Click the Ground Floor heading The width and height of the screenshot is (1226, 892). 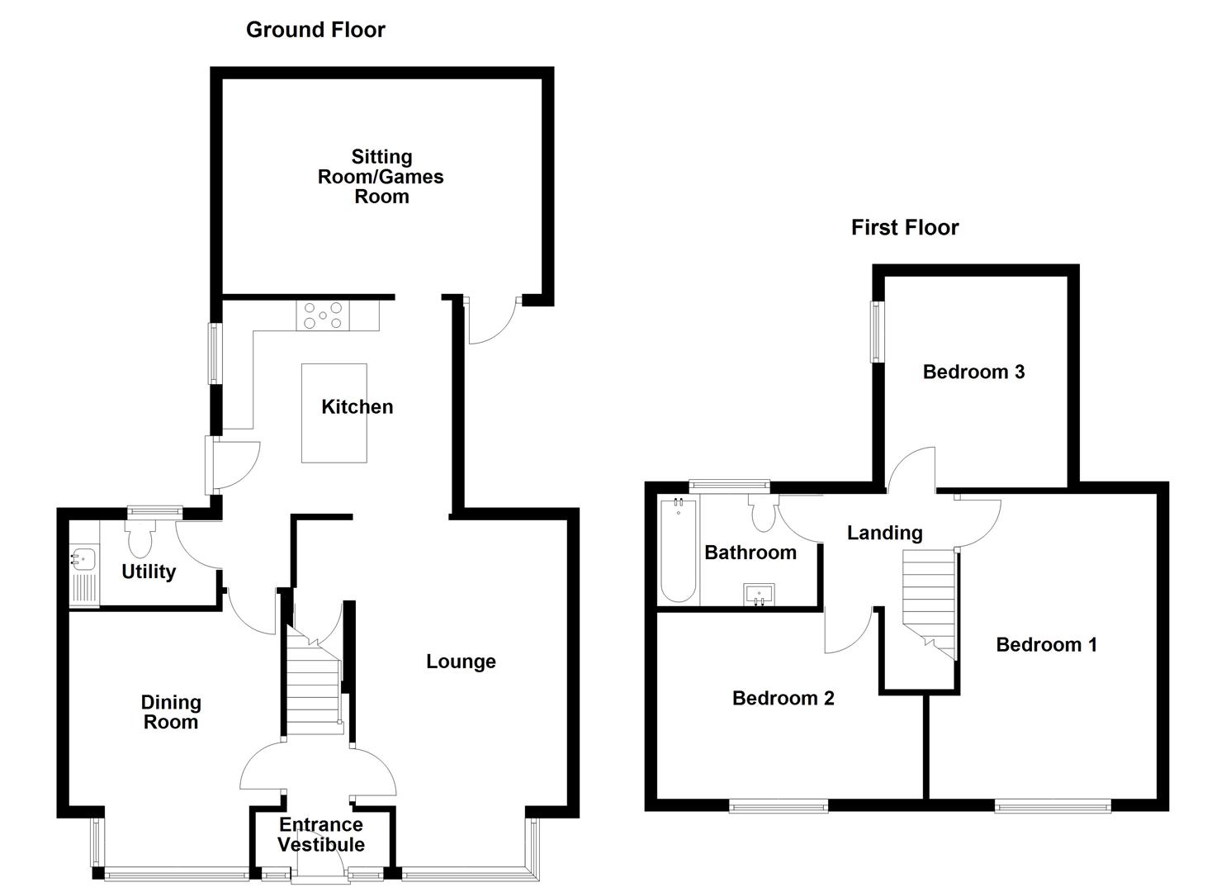click(315, 31)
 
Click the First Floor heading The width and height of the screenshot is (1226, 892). click(905, 228)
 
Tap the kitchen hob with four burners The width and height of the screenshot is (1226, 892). click(323, 316)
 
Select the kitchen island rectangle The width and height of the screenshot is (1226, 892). click(334, 413)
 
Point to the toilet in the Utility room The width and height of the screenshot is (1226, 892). click(140, 538)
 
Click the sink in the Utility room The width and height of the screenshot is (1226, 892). click(83, 559)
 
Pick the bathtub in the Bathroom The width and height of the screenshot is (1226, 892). click(678, 550)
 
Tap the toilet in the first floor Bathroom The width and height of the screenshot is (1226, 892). click(762, 514)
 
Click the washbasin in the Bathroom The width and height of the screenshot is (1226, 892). click(759, 594)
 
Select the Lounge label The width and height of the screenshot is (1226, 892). click(461, 662)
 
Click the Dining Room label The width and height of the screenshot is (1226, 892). click(170, 712)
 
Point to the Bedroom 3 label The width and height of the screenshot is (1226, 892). click(973, 372)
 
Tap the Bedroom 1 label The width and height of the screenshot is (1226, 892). click(1046, 645)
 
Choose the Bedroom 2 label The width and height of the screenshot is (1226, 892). click(783, 699)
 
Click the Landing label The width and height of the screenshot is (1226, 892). click(884, 534)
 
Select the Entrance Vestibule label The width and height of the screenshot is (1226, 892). click(321, 835)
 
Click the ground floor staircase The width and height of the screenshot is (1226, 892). click(314, 686)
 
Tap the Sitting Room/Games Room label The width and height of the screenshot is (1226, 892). click(381, 177)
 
